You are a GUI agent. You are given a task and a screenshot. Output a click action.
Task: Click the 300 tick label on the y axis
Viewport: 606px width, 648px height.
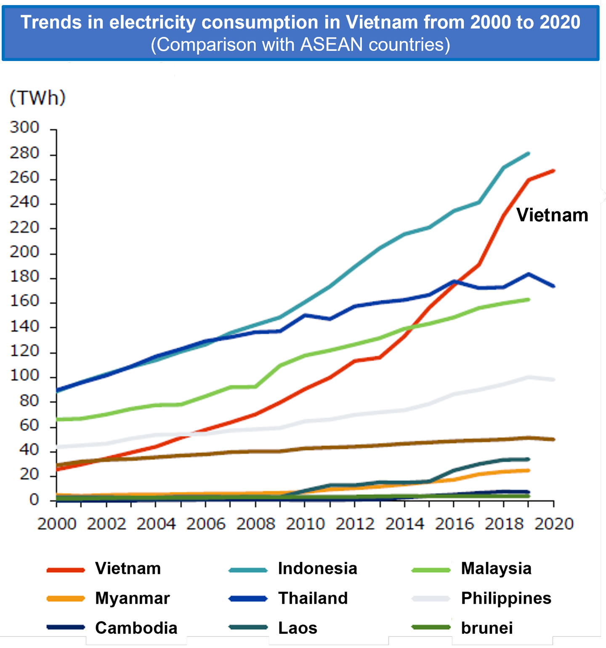(x=24, y=127)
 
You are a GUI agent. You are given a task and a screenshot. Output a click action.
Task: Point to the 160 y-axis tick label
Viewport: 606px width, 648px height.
(x=24, y=301)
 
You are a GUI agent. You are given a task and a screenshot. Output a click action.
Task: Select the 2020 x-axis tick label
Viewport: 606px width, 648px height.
(x=554, y=524)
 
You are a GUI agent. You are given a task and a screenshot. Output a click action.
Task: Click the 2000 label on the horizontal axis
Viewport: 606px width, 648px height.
(x=57, y=524)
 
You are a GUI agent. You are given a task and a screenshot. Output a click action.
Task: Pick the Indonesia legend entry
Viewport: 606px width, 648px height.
(x=317, y=569)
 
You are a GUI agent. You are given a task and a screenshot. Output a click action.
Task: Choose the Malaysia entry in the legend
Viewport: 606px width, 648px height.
(x=496, y=569)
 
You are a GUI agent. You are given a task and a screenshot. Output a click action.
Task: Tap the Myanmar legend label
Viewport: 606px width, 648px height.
(x=132, y=598)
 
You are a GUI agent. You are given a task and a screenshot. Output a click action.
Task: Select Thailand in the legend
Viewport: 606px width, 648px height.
(x=313, y=598)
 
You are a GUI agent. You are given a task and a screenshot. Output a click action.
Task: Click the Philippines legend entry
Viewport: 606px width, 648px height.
(x=506, y=598)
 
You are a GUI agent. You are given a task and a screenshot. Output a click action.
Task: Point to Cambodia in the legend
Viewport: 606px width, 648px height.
(x=136, y=628)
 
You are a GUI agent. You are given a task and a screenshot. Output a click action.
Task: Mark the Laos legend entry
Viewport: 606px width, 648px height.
(x=298, y=628)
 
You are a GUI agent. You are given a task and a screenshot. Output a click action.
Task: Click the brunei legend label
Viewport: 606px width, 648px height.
(x=487, y=628)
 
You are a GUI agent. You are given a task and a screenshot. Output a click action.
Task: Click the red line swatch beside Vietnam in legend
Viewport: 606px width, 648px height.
(x=66, y=570)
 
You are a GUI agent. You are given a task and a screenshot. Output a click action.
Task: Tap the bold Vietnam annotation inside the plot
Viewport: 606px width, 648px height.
(x=552, y=215)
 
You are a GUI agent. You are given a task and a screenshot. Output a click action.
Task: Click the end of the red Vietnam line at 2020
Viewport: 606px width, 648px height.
(x=553, y=171)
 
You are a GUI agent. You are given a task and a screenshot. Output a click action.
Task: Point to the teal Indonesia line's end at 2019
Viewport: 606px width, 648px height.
(x=528, y=153)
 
